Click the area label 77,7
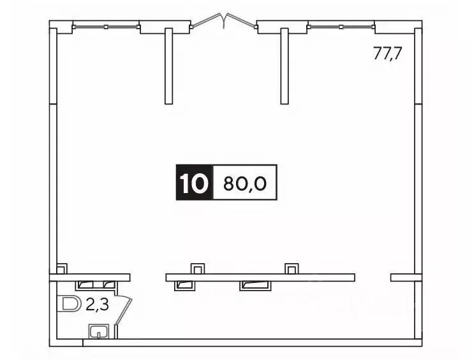tap(387, 54)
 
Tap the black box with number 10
tap(193, 184)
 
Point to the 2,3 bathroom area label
tap(96, 305)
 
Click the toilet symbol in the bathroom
tap(69, 305)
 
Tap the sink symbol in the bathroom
tap(98, 331)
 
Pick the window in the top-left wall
tap(106, 27)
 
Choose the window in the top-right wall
tap(341, 27)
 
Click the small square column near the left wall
tap(62, 268)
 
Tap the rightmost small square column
tap(291, 268)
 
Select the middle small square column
tap(198, 268)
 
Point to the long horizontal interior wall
tap(260, 277)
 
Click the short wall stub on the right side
tap(406, 277)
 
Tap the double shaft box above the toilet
tap(96, 285)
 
